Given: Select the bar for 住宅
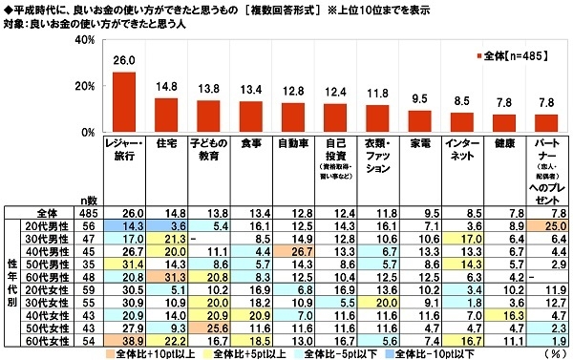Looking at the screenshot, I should pyautogui.click(x=167, y=115).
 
